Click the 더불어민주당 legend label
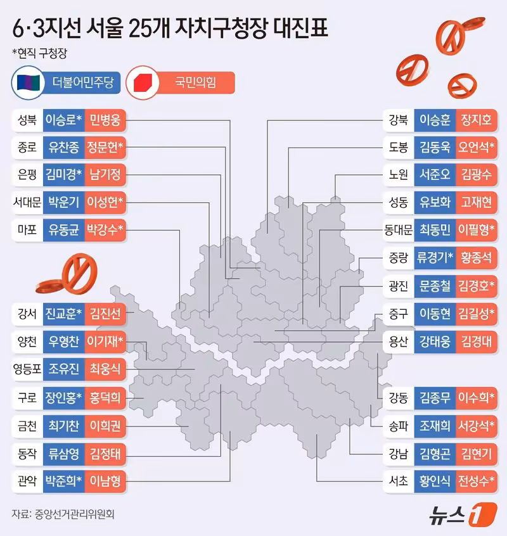(x=83, y=83)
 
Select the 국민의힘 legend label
(x=196, y=83)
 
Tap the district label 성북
(x=27, y=120)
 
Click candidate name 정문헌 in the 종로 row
(x=105, y=148)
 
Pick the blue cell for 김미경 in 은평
(x=64, y=175)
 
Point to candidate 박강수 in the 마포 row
(x=105, y=229)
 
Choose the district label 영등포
(x=27, y=369)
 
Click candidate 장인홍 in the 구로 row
(x=64, y=397)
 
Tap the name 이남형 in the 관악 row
(x=105, y=482)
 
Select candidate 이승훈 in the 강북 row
(x=435, y=120)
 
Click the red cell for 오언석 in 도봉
(x=477, y=148)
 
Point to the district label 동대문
(x=398, y=230)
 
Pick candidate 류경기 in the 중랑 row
(x=435, y=257)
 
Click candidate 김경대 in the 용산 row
(x=477, y=341)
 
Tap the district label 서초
(x=398, y=482)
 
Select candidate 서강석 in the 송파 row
(x=477, y=426)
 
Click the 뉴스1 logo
(x=463, y=514)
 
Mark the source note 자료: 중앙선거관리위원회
(x=63, y=514)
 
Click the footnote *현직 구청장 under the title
(x=40, y=53)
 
